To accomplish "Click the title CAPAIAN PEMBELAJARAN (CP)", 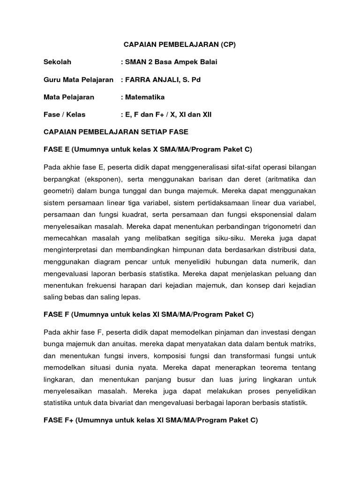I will [180, 45].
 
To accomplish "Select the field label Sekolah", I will [58, 62].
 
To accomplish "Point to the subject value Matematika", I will [145, 97].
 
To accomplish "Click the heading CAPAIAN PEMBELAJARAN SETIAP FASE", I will [116, 132].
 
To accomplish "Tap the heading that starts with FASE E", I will [148, 150].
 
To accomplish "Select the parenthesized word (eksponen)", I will [103, 179].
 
